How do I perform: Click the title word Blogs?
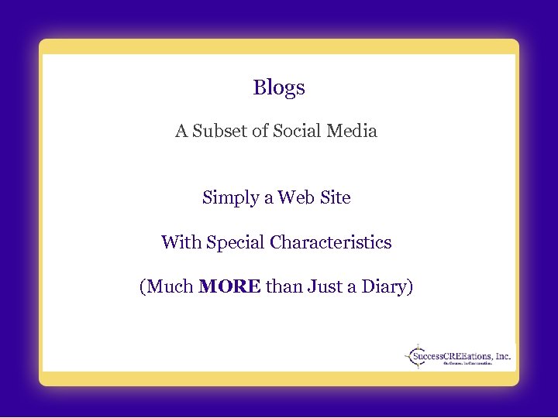(279, 88)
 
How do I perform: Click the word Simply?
(230, 198)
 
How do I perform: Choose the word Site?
(335, 198)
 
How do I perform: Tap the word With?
(181, 243)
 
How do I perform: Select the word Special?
(235, 243)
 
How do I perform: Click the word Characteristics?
(331, 243)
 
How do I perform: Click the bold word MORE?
(229, 288)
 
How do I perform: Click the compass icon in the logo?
(416, 357)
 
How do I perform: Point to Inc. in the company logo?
(503, 357)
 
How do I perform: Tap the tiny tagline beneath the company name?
(467, 365)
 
